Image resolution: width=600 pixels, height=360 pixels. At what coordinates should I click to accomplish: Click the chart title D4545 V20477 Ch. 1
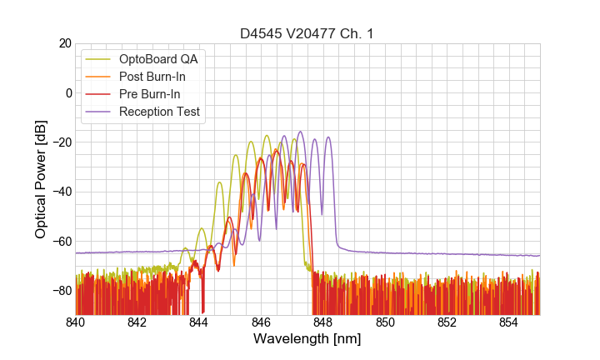pyautogui.click(x=307, y=33)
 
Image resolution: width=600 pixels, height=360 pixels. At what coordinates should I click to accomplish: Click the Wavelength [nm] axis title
pyautogui.click(x=307, y=340)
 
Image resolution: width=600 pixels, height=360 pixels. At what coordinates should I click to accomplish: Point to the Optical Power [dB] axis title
pyautogui.click(x=41, y=179)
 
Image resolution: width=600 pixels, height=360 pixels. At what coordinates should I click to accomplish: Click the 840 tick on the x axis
pyautogui.click(x=76, y=323)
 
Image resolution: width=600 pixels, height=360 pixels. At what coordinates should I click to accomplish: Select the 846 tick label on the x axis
pyautogui.click(x=261, y=323)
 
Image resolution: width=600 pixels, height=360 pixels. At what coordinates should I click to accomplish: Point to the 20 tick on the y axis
pyautogui.click(x=64, y=43)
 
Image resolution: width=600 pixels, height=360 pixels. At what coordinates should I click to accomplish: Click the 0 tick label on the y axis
pyautogui.click(x=67, y=92)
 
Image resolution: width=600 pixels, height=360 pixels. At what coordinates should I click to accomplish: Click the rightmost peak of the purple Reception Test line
pyautogui.click(x=328, y=137)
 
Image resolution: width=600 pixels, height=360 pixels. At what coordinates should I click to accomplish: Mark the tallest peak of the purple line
pyautogui.click(x=300, y=132)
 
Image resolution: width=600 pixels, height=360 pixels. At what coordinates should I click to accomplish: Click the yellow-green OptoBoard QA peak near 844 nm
pyautogui.click(x=202, y=228)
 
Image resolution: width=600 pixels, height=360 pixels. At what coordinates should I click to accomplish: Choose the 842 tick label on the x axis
pyautogui.click(x=137, y=323)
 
